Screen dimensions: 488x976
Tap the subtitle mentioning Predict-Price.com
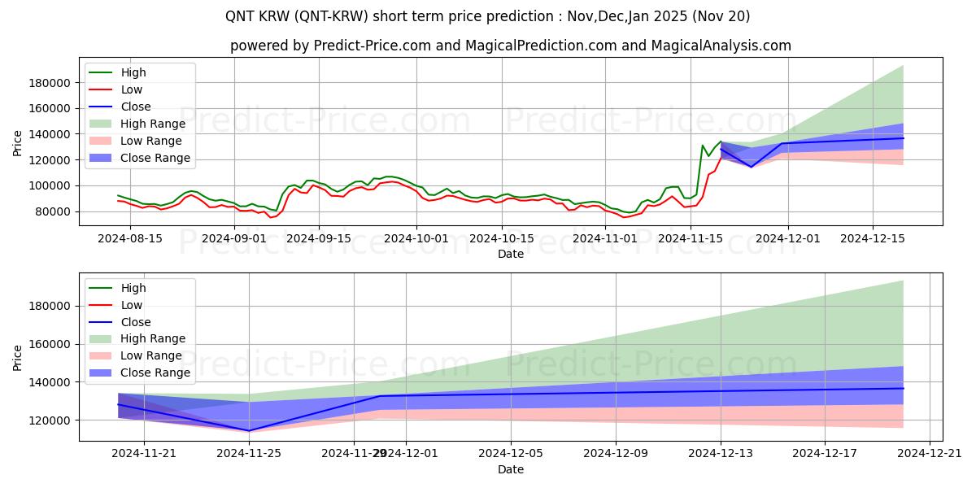pos(510,46)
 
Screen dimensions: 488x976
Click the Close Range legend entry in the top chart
pos(155,158)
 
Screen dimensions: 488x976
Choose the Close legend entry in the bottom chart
pos(135,322)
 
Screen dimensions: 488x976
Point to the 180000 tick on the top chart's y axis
pos(48,83)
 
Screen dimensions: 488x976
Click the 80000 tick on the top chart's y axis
pos(51,211)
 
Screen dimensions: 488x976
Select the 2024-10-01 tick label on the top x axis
pos(416,238)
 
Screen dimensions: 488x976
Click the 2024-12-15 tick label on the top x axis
pos(873,238)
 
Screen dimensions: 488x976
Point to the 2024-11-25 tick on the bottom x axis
pos(249,453)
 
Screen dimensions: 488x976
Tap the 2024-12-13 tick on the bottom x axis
pos(720,453)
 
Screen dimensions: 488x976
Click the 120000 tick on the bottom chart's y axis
pos(48,420)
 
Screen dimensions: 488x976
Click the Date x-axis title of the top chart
pos(510,254)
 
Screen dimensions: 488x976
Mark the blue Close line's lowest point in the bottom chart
pos(249,430)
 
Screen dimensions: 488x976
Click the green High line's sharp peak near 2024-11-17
pos(703,146)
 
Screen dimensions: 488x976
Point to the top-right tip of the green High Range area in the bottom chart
pos(903,281)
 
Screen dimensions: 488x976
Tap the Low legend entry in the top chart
pos(131,89)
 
